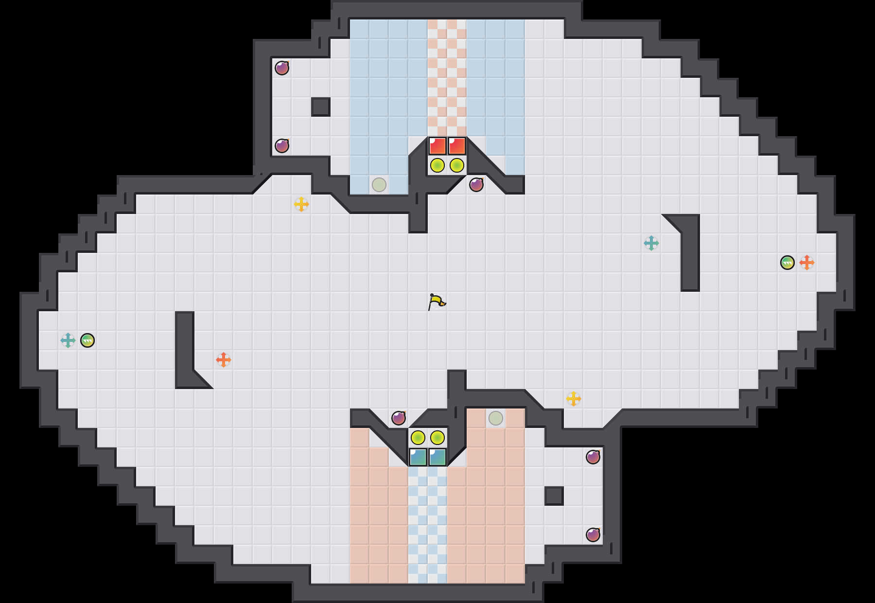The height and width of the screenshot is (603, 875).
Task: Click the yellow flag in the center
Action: pos(437,301)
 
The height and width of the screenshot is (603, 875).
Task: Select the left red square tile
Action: pos(437,146)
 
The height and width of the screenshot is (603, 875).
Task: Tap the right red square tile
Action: pos(457,146)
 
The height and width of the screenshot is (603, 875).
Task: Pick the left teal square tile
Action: pos(418,457)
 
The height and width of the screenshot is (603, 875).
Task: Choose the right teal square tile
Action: pos(437,457)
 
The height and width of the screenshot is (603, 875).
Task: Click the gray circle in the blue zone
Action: pos(379,185)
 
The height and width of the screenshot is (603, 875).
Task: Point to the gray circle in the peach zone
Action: pos(496,418)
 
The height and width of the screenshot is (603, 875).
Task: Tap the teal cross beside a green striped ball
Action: pos(68,340)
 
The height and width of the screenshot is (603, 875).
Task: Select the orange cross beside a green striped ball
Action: pos(807,263)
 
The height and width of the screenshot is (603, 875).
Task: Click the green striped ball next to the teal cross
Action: pos(87,340)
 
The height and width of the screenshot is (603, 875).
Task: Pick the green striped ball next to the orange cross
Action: pos(787,263)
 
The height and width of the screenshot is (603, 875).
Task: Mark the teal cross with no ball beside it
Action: pos(651,243)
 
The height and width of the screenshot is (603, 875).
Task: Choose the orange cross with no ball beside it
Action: pos(224,360)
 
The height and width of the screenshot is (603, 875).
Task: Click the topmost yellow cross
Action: pos(301,204)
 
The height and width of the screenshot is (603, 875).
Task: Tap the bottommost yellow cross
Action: pos(574,399)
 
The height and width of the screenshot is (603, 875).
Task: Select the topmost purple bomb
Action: pos(282,68)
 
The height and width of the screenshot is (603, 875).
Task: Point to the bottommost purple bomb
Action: pos(593,535)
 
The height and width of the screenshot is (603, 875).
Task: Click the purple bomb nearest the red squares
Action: pos(476,185)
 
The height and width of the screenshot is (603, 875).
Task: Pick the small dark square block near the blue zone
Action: pos(321,107)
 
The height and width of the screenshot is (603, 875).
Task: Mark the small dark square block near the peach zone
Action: pos(554,496)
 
